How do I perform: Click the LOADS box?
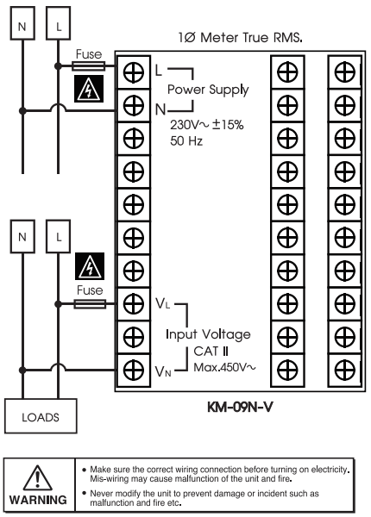tap(41, 416)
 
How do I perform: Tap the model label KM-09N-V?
tap(240, 408)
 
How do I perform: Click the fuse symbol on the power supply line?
tap(89, 66)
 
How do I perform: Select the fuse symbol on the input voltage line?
tap(90, 304)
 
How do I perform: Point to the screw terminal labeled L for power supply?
tap(134, 72)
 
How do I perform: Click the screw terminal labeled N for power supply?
tap(134, 105)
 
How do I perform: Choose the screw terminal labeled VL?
tap(134, 304)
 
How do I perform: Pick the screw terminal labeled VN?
tap(134, 371)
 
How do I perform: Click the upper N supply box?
tap(22, 23)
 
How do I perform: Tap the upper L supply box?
tap(59, 23)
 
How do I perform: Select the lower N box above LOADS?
tap(22, 236)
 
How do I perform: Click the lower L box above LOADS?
tap(59, 236)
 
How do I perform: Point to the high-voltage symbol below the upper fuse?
tap(89, 89)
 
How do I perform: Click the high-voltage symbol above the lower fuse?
tap(90, 266)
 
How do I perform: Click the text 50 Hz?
tap(186, 141)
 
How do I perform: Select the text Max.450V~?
tap(224, 367)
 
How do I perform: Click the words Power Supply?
tap(208, 90)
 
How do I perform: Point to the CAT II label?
tap(211, 352)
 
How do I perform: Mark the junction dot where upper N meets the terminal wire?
tap(22, 111)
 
